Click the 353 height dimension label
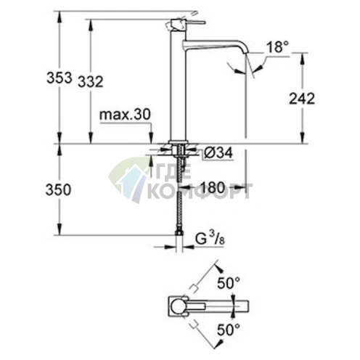coord(60,78)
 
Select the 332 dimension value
coord(91,81)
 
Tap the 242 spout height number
coord(302,99)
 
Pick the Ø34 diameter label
coord(218,153)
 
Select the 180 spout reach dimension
coord(213,187)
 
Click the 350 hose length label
coord(58,189)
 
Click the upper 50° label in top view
coord(229,283)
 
